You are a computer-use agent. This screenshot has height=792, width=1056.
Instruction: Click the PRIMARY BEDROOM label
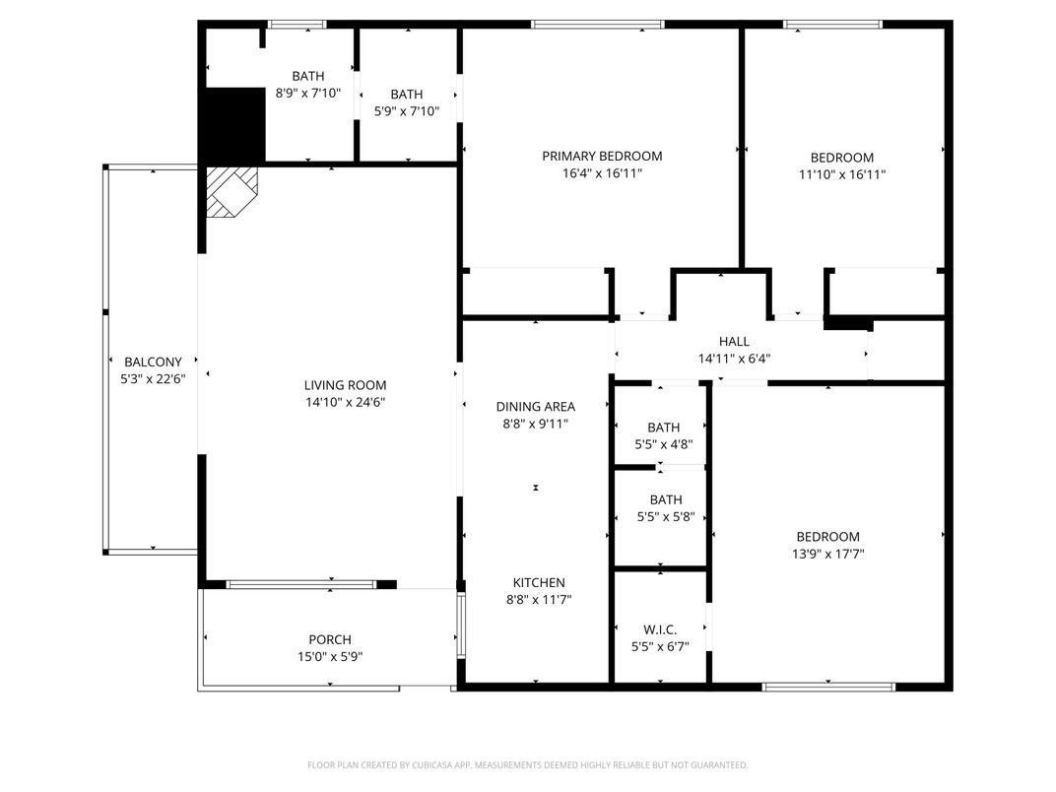(x=602, y=156)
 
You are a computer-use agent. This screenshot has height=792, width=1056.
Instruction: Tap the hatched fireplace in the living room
(x=230, y=190)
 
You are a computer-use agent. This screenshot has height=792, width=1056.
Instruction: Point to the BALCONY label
(x=153, y=362)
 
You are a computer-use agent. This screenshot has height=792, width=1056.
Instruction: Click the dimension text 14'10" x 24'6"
(x=345, y=402)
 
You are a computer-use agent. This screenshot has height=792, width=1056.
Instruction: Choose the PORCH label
(x=329, y=639)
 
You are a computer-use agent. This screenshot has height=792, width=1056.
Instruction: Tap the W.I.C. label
(x=660, y=629)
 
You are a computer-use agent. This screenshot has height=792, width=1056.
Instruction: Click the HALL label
(x=734, y=342)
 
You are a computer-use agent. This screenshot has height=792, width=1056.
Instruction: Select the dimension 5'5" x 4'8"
(x=663, y=444)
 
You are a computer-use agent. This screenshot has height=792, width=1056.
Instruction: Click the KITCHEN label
(x=538, y=582)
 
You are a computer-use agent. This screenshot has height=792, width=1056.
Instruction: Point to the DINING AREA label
(x=535, y=406)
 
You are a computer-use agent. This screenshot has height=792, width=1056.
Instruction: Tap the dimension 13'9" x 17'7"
(x=827, y=554)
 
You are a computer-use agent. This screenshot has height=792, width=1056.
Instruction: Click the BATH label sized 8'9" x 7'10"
(x=307, y=76)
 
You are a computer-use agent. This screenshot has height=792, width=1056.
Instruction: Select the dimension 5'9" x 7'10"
(x=406, y=111)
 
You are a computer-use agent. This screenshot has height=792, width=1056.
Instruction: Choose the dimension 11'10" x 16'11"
(x=841, y=174)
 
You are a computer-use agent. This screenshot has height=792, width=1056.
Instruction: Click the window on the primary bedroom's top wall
(x=597, y=25)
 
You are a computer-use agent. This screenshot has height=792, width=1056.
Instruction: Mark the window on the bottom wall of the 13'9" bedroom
(x=828, y=687)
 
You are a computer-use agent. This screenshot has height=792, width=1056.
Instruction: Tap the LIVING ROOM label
(x=345, y=385)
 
